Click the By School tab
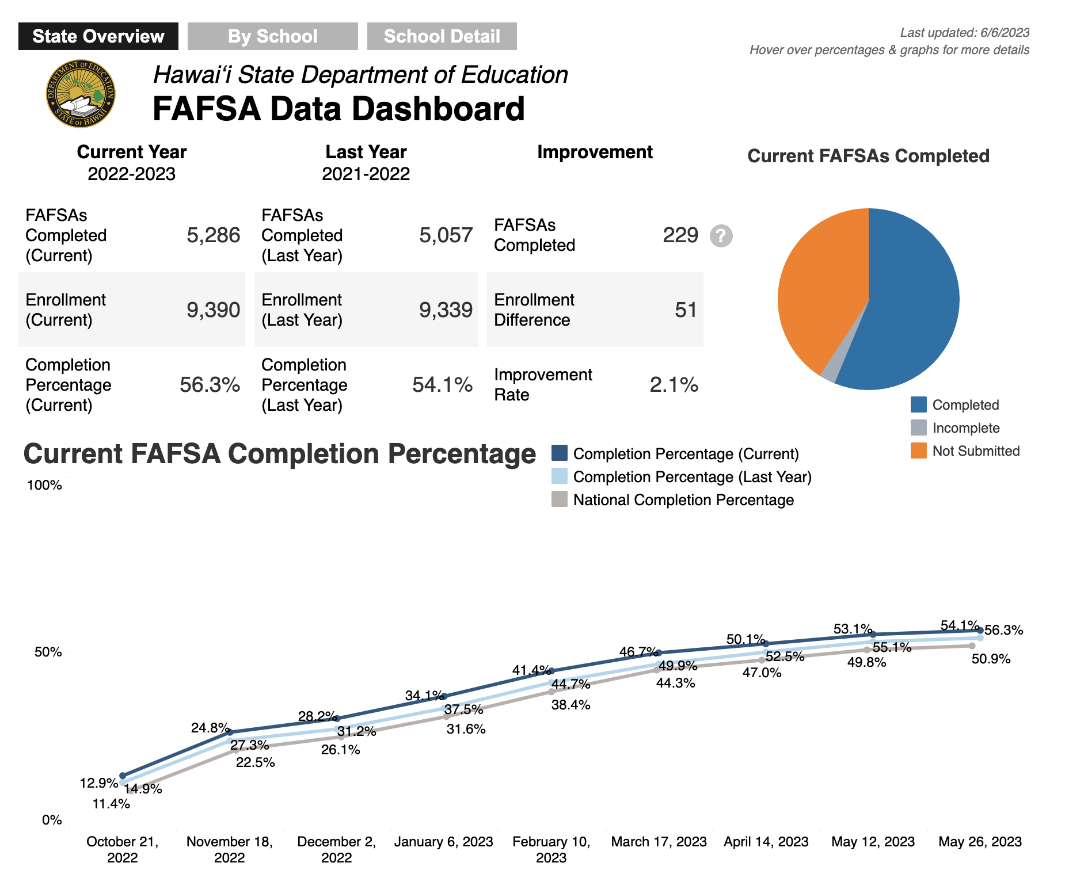(272, 36)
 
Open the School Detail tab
(442, 36)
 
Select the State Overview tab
(98, 36)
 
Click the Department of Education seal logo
(81, 94)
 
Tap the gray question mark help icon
(721, 236)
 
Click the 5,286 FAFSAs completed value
(213, 235)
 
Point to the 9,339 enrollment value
(446, 310)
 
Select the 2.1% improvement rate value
(674, 385)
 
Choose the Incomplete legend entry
(955, 428)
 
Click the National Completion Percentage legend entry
(672, 499)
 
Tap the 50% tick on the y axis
(48, 652)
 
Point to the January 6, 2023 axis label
(444, 842)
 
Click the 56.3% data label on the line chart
(1004, 630)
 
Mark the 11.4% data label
(111, 804)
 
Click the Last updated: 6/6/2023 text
(965, 33)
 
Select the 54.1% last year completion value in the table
(442, 385)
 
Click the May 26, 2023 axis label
(980, 842)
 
